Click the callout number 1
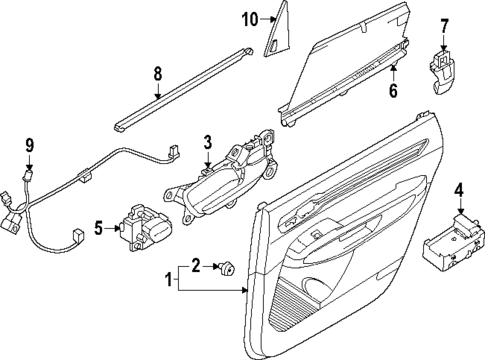(x=167, y=280)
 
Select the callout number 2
(x=196, y=265)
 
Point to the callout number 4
(x=459, y=190)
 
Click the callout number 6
(x=393, y=91)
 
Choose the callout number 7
(x=446, y=23)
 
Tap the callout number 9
(x=30, y=144)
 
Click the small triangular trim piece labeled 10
(x=275, y=39)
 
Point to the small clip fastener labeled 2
(x=227, y=266)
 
